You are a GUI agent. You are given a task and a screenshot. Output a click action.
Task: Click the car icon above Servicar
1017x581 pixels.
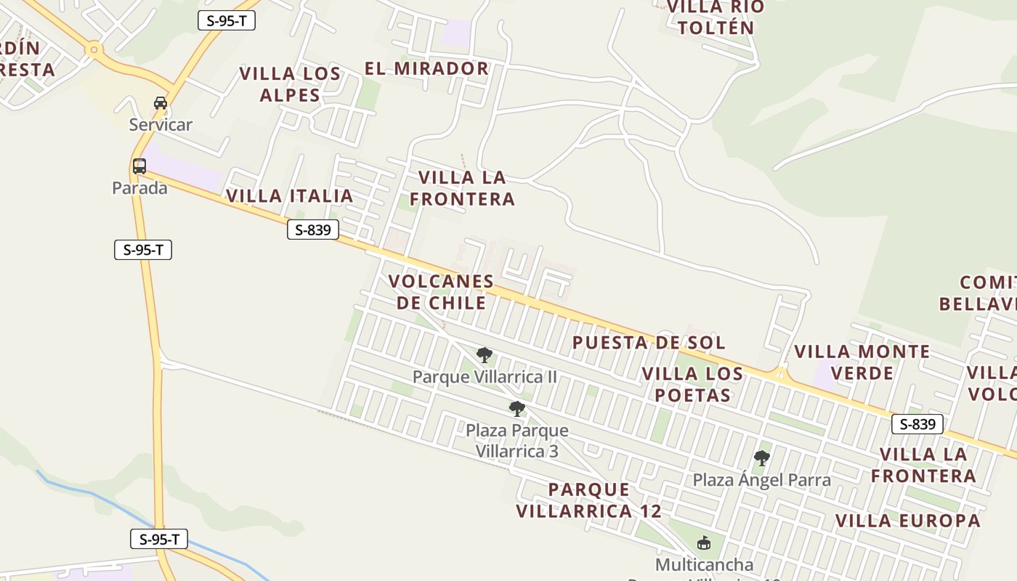(x=161, y=103)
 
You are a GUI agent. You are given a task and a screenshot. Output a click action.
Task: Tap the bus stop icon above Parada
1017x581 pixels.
(x=139, y=166)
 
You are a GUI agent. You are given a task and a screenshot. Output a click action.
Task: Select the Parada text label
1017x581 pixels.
(x=139, y=188)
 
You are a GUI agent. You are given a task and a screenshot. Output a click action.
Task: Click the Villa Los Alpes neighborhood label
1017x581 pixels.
(x=290, y=84)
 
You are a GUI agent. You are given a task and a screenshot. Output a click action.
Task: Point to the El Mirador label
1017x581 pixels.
(x=426, y=69)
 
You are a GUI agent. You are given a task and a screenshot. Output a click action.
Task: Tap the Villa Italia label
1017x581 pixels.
(x=290, y=196)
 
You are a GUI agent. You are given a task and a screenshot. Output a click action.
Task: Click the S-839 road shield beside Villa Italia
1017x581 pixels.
(x=313, y=230)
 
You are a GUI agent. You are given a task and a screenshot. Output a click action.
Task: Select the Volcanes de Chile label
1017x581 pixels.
(x=441, y=292)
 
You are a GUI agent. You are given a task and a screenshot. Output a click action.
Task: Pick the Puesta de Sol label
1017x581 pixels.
(x=649, y=343)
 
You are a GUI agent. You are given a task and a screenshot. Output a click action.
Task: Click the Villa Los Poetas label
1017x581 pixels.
(x=693, y=385)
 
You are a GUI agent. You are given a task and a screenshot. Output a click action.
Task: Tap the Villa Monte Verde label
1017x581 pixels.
(x=862, y=362)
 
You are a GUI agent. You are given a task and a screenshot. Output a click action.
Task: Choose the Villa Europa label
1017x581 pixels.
(x=908, y=521)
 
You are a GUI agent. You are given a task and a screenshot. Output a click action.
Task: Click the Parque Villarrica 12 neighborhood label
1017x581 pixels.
(x=589, y=500)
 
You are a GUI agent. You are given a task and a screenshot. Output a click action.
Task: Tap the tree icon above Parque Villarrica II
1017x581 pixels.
(x=485, y=355)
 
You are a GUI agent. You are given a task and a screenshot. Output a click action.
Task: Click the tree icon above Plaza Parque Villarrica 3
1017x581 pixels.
(x=516, y=408)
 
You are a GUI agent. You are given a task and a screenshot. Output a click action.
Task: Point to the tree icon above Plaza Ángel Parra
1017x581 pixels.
(x=761, y=458)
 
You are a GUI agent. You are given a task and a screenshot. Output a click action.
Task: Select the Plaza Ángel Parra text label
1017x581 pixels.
(x=761, y=480)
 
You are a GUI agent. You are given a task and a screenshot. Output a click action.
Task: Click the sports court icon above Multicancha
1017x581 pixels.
(x=703, y=543)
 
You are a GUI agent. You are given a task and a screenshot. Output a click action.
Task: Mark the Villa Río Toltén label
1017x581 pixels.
(x=715, y=17)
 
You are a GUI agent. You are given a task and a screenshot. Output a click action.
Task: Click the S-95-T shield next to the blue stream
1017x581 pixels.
(x=159, y=540)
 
